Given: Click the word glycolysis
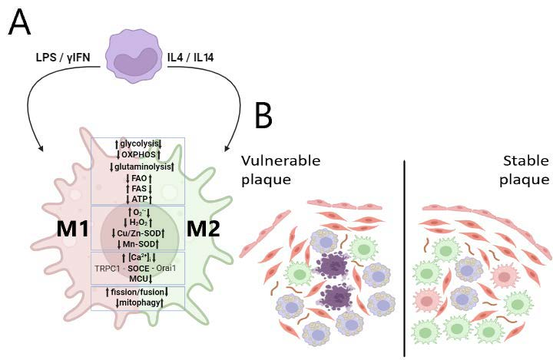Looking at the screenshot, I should click(138, 144).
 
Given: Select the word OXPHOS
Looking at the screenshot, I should click(138, 154).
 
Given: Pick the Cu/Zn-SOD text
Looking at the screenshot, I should click(138, 233).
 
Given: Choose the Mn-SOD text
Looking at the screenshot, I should click(138, 244).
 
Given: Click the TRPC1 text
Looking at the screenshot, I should click(108, 268).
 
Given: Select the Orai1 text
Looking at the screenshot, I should click(169, 268).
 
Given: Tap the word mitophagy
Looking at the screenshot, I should click(138, 302).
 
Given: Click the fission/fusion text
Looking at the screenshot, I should click(138, 292).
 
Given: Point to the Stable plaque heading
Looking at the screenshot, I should click(525, 170).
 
